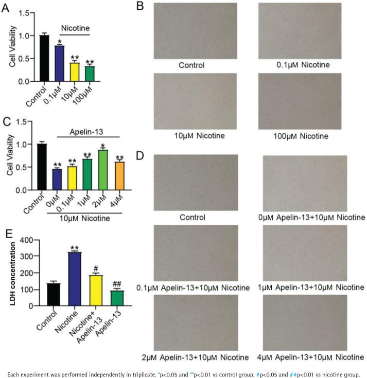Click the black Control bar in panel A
[x=44, y=58]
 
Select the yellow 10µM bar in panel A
[x=75, y=72]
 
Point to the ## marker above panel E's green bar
[x=117, y=283]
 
